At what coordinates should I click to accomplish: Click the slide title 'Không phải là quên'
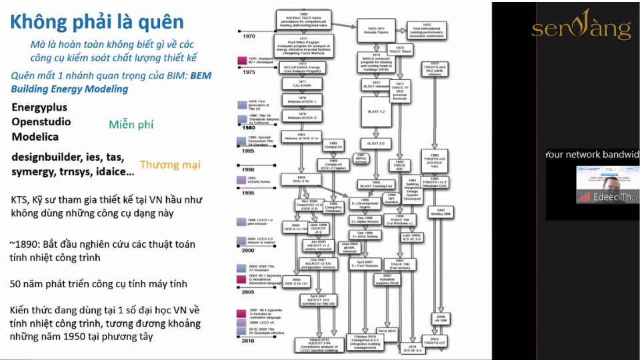pos(97,22)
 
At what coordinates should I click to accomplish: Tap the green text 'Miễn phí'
pos(131,125)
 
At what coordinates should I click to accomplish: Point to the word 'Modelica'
pos(35,137)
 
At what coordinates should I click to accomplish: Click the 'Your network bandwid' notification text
pos(592,155)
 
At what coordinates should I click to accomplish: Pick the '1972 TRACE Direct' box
pos(400,50)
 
